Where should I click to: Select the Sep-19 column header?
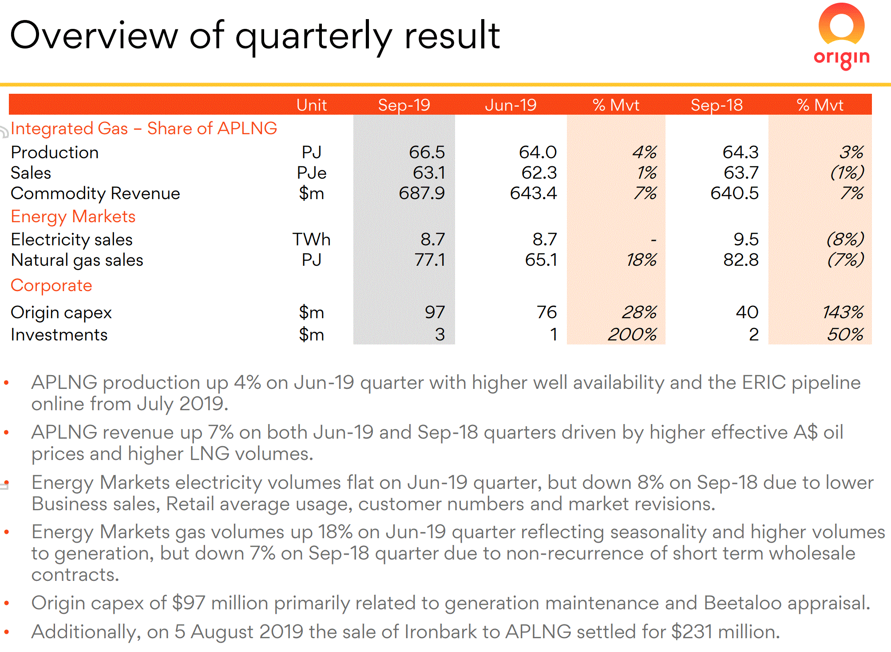click(404, 105)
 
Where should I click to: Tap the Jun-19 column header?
click(511, 105)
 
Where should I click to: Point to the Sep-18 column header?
click(717, 105)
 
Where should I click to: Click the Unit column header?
click(312, 105)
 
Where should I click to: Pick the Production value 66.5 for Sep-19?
click(427, 152)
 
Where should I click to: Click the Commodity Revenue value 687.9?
click(422, 193)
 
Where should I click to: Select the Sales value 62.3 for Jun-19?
click(539, 173)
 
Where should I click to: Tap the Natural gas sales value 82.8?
click(741, 260)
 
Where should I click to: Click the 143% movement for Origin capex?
click(843, 312)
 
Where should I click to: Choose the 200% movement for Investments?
click(632, 335)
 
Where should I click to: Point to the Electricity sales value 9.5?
click(746, 240)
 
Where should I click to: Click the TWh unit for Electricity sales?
click(311, 240)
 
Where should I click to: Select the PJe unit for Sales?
click(312, 173)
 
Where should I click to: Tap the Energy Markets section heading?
click(73, 216)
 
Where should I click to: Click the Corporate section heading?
click(51, 285)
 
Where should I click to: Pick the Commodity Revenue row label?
click(95, 193)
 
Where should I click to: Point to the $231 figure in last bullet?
click(692, 632)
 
